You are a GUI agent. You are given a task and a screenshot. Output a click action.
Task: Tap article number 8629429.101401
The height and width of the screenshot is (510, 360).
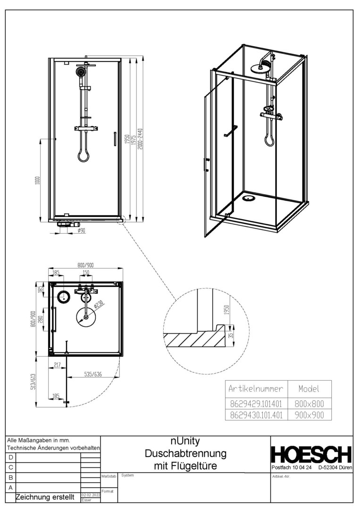256,404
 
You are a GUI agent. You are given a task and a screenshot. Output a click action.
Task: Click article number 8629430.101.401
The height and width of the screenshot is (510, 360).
256,415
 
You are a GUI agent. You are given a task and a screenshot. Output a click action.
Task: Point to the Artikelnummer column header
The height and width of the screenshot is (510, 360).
256,389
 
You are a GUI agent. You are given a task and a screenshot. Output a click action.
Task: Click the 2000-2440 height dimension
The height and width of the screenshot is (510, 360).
140,139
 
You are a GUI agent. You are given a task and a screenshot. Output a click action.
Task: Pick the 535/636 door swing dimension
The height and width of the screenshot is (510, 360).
93,374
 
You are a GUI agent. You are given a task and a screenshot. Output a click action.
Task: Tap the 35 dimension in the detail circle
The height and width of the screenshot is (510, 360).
231,334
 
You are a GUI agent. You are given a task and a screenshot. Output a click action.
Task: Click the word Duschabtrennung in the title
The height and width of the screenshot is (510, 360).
185,454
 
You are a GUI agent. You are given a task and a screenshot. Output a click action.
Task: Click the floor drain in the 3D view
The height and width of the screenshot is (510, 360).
248,198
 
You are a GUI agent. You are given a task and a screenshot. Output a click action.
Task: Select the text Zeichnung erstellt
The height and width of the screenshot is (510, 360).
45,497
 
